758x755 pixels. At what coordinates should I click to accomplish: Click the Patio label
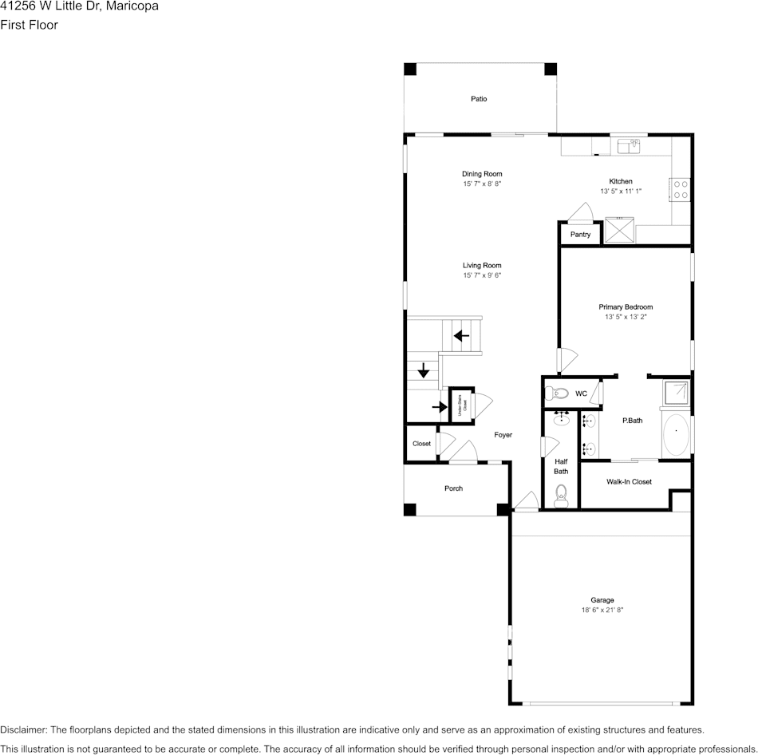click(479, 99)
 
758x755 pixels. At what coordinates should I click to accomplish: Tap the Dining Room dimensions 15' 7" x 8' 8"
click(482, 184)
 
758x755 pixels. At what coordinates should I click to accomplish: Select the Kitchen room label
click(621, 181)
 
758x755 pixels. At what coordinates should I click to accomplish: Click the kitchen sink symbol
click(631, 145)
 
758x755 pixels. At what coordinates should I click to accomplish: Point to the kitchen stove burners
click(681, 188)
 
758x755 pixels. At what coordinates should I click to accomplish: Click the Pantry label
click(580, 235)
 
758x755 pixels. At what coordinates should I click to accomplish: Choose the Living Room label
click(482, 266)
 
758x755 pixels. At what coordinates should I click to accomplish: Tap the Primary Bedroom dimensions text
click(626, 317)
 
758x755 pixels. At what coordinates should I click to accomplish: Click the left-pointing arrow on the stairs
click(461, 336)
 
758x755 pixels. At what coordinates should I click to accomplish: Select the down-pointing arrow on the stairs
click(424, 371)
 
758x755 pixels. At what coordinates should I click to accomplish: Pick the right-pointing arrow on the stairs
click(439, 407)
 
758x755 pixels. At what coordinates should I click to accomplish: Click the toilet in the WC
click(559, 393)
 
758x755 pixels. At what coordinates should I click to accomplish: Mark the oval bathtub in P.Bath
click(676, 434)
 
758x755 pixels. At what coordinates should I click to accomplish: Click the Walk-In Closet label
click(629, 482)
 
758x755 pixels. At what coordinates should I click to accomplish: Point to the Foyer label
click(503, 435)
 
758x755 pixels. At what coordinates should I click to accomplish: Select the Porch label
click(453, 488)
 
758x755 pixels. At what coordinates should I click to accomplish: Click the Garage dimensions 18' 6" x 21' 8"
click(602, 611)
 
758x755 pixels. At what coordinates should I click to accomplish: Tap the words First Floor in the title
click(29, 25)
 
